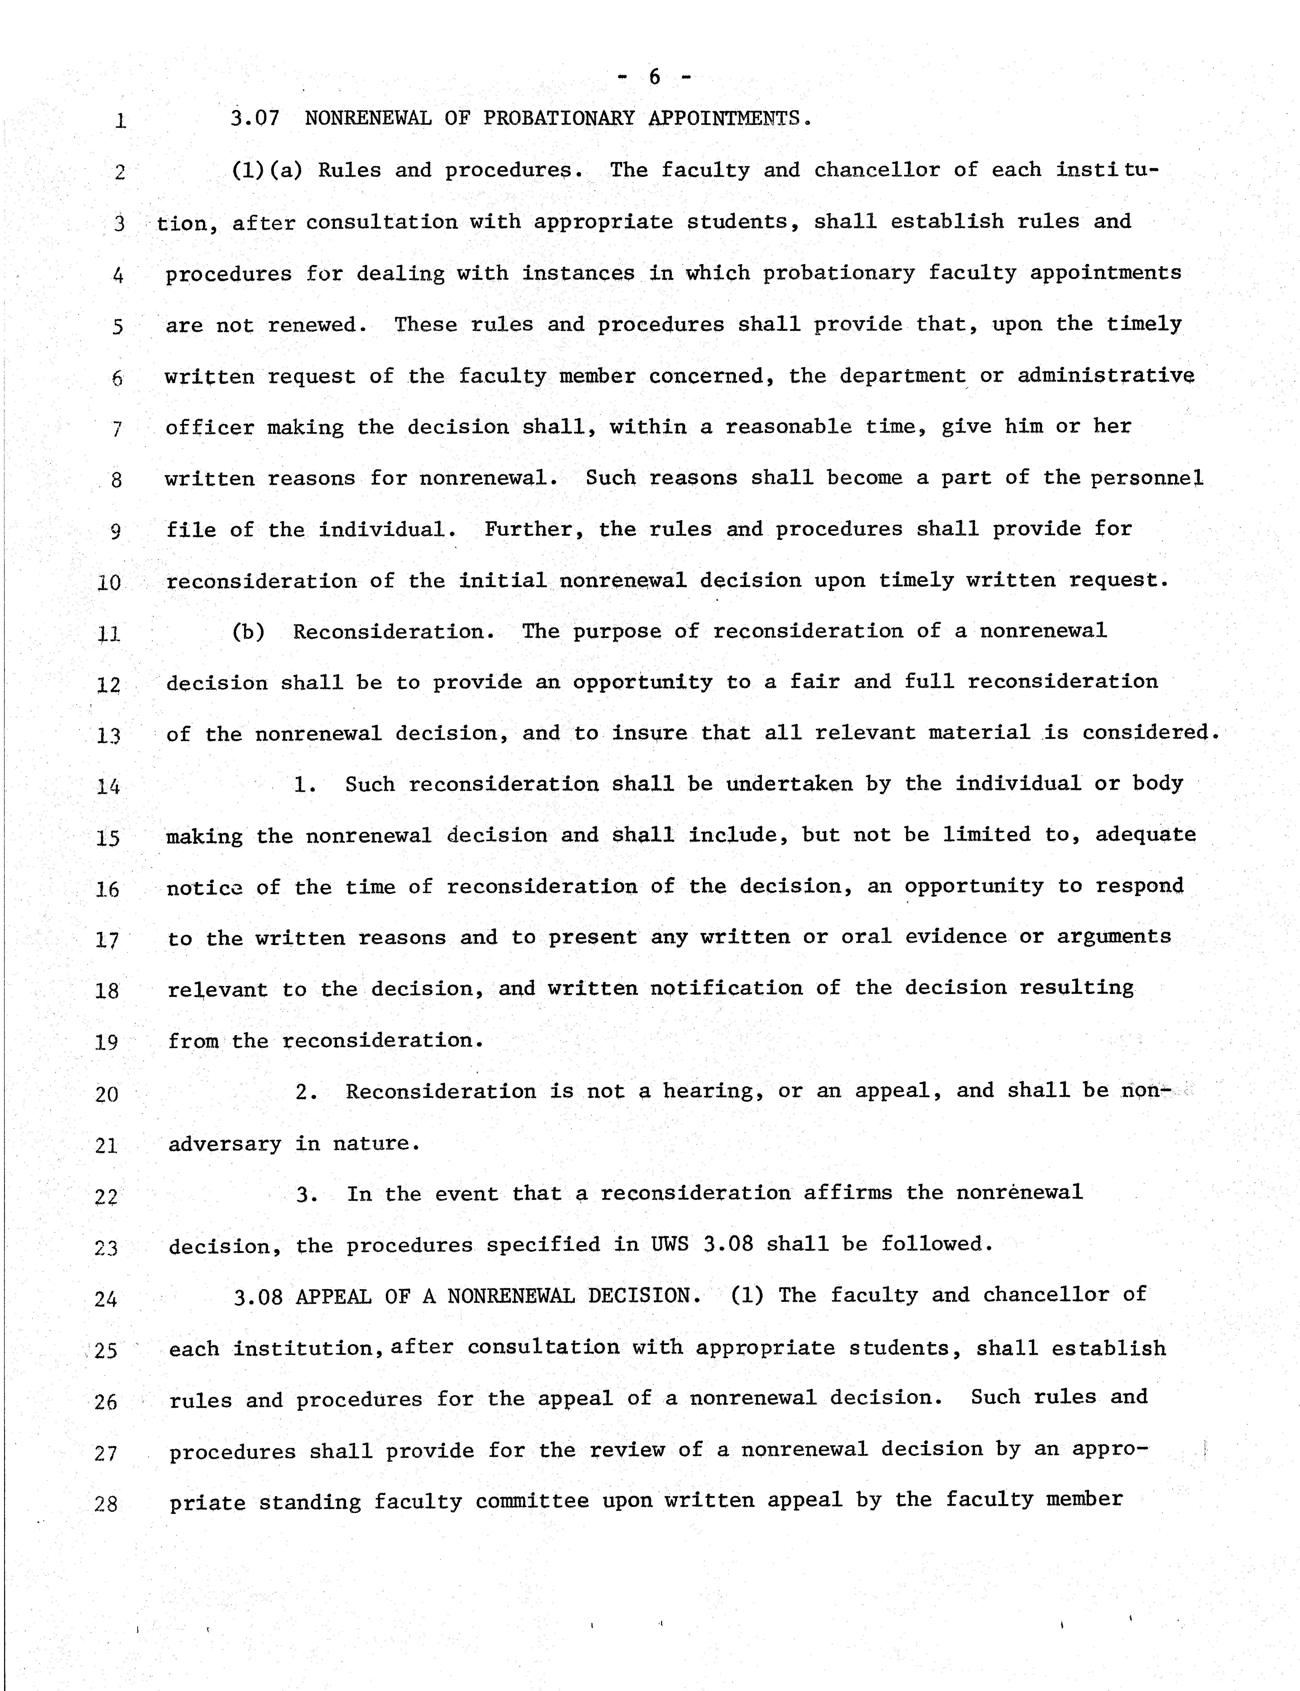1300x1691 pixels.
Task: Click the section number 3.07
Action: pyautogui.click(x=254, y=118)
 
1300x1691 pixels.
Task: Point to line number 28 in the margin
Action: pyautogui.click(x=106, y=1504)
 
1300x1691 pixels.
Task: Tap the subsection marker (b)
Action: pyautogui.click(x=248, y=632)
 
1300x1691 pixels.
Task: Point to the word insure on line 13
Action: pyautogui.click(x=649, y=733)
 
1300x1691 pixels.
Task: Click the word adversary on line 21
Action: pyautogui.click(x=224, y=1144)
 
